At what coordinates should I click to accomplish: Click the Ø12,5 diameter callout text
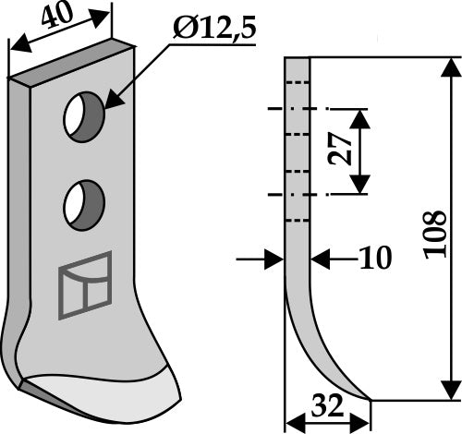(x=214, y=30)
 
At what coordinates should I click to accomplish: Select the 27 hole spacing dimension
(x=340, y=150)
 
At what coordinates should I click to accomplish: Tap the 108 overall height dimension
(x=435, y=234)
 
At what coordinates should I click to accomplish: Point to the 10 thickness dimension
(x=376, y=258)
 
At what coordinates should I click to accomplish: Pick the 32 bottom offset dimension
(x=327, y=405)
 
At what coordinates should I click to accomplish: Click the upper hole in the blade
(x=84, y=117)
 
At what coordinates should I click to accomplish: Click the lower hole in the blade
(x=84, y=205)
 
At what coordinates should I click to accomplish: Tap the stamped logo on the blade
(x=85, y=285)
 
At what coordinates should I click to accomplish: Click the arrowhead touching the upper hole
(x=115, y=98)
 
